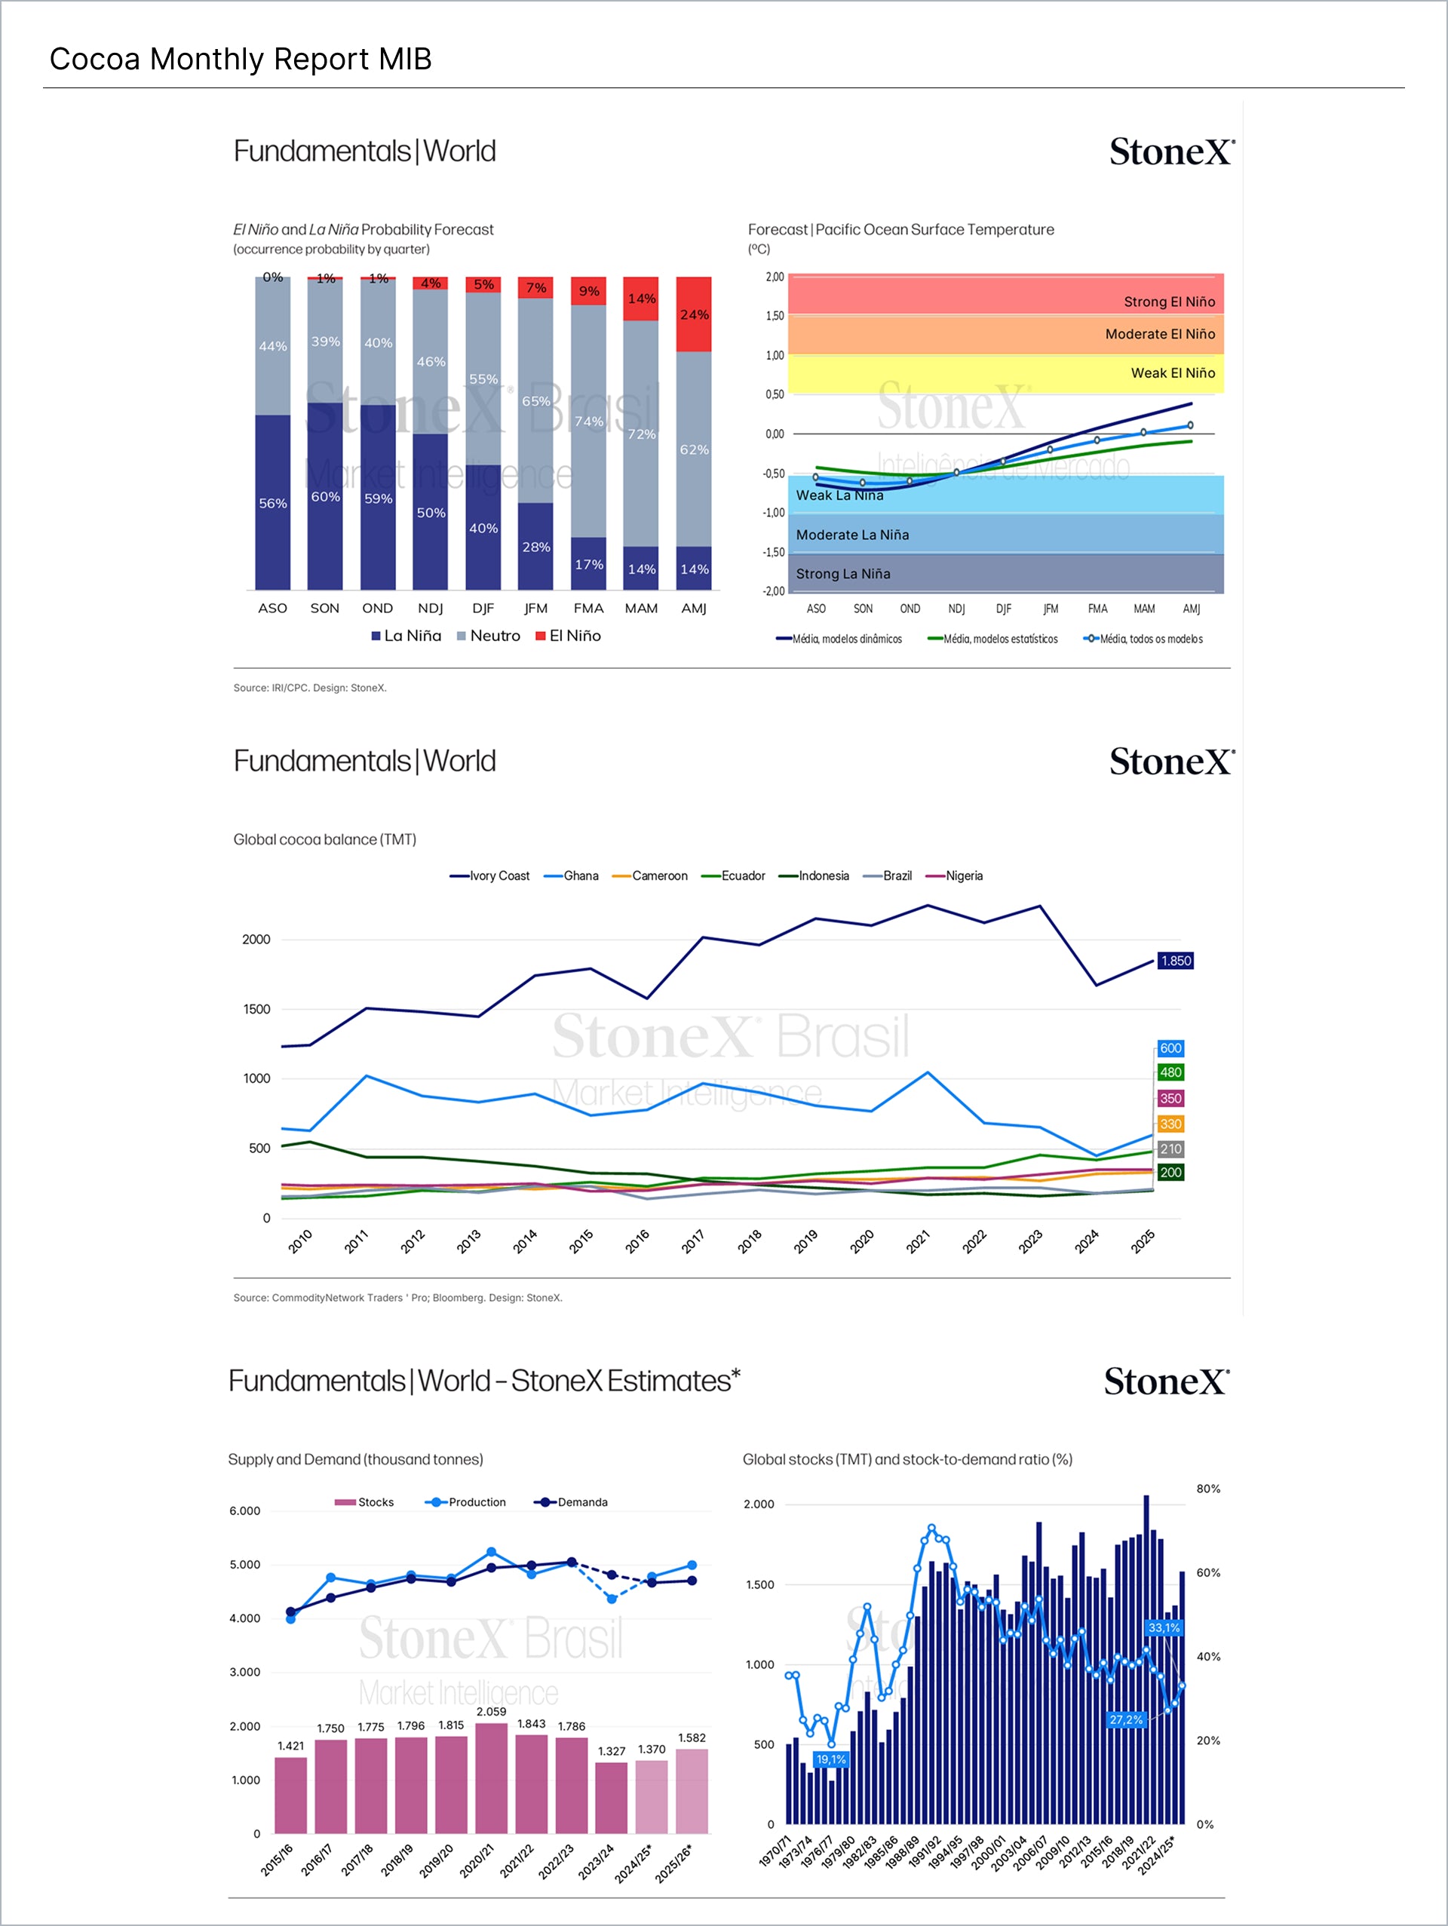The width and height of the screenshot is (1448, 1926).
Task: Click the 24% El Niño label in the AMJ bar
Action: [694, 314]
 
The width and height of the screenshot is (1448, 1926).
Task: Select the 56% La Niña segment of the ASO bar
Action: [272, 502]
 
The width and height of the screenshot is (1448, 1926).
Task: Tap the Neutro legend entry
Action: [489, 636]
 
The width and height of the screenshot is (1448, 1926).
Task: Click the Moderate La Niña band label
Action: [851, 535]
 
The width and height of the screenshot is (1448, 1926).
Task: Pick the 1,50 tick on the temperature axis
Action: [774, 316]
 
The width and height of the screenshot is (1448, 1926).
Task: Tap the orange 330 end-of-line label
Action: [1170, 1124]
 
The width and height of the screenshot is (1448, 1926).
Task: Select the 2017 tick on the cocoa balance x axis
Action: [693, 1241]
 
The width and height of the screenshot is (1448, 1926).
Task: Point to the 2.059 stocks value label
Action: [491, 1712]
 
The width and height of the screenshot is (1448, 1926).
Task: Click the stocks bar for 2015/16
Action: [291, 1795]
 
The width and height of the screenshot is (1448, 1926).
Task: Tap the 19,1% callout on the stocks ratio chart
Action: [830, 1759]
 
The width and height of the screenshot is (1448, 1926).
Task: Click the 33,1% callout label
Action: [1163, 1627]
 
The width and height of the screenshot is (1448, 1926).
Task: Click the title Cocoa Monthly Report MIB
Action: [241, 60]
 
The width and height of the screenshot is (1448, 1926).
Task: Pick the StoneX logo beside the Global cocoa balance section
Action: [1171, 761]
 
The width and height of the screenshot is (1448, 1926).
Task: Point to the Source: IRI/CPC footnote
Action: [309, 688]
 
